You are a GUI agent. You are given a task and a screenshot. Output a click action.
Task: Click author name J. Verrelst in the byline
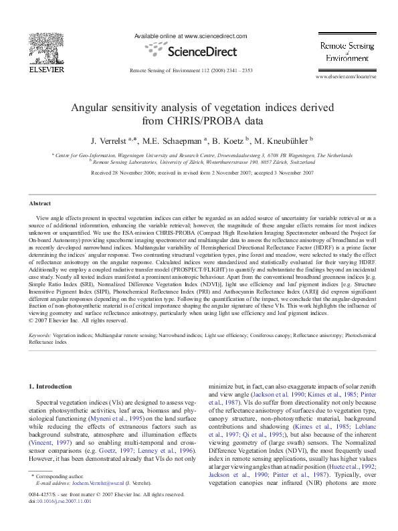[x=111, y=141]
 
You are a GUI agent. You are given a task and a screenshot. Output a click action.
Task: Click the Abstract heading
[x=40, y=203]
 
